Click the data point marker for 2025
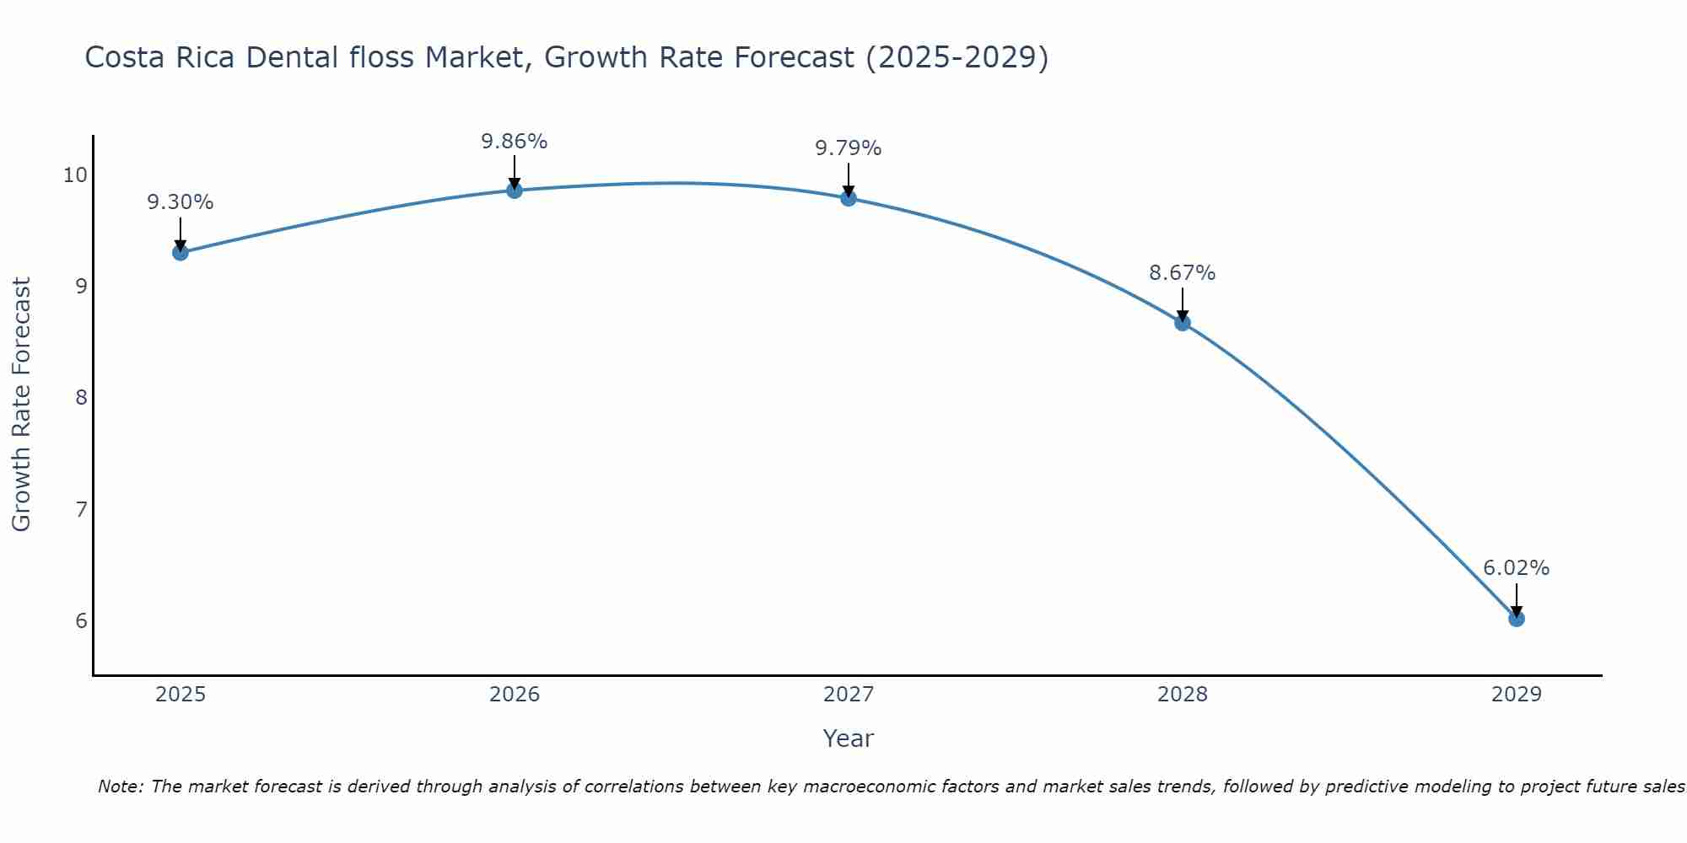[x=181, y=252]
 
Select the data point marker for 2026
[x=515, y=190]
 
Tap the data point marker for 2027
[x=849, y=198]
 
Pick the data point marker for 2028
[x=1183, y=322]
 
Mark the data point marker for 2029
[x=1517, y=618]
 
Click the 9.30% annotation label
[x=181, y=202]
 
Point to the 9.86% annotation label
[x=515, y=141]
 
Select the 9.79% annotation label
[x=849, y=148]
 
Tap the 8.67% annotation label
[x=1183, y=272]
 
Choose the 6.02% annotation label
[x=1517, y=568]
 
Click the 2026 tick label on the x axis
[x=515, y=695]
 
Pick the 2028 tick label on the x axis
[x=1183, y=695]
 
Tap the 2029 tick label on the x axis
[x=1517, y=695]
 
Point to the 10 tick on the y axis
[x=75, y=175]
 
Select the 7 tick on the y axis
[x=81, y=509]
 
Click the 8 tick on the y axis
[x=81, y=398]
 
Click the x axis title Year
[x=848, y=738]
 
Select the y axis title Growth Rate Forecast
[x=21, y=405]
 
